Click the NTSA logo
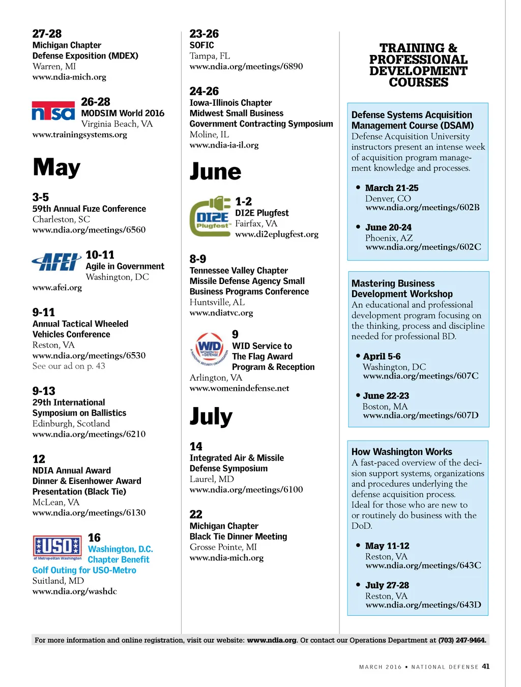point(53,111)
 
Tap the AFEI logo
point(56,262)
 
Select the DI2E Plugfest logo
point(210,216)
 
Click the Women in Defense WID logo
point(209,349)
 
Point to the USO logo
point(57,547)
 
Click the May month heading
point(56,167)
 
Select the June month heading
point(215,171)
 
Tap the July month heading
point(211,416)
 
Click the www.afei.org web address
point(57,288)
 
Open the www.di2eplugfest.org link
point(276,234)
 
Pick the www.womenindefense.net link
point(239,388)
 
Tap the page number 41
point(486,666)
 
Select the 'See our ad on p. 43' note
point(69,366)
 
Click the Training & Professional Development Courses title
point(418,65)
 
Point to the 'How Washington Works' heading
point(401,452)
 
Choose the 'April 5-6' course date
point(382,356)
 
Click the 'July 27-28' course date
point(387,585)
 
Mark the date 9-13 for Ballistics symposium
point(44,391)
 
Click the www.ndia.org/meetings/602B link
point(422,208)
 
